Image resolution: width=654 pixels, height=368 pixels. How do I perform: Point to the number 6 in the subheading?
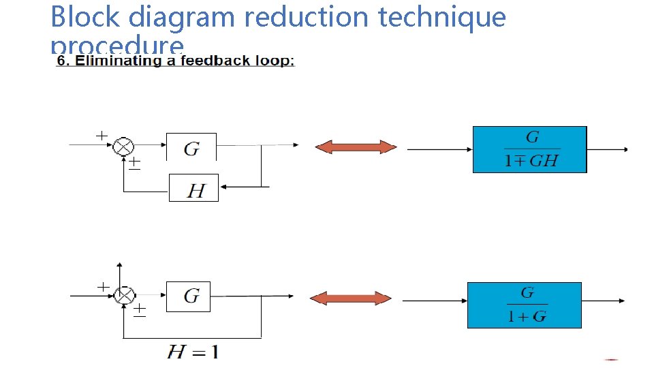pos(61,61)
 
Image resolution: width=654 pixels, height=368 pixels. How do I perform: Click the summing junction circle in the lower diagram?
pos(124,295)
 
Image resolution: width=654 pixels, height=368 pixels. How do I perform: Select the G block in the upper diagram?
pos(191,148)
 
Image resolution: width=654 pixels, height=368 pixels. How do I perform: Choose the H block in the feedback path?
pos(194,188)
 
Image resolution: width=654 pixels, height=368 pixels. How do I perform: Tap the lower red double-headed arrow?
pos(351,298)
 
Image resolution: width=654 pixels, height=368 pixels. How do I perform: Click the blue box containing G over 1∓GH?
pos(530,149)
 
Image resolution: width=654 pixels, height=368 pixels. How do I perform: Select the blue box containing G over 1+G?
pos(525,305)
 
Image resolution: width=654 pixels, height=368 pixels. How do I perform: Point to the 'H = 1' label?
pos(193,352)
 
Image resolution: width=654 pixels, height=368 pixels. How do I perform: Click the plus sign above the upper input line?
pos(101,136)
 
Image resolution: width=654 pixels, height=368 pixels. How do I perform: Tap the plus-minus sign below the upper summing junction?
pos(136,164)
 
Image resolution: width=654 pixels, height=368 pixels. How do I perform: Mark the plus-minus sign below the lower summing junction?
pos(139,311)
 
